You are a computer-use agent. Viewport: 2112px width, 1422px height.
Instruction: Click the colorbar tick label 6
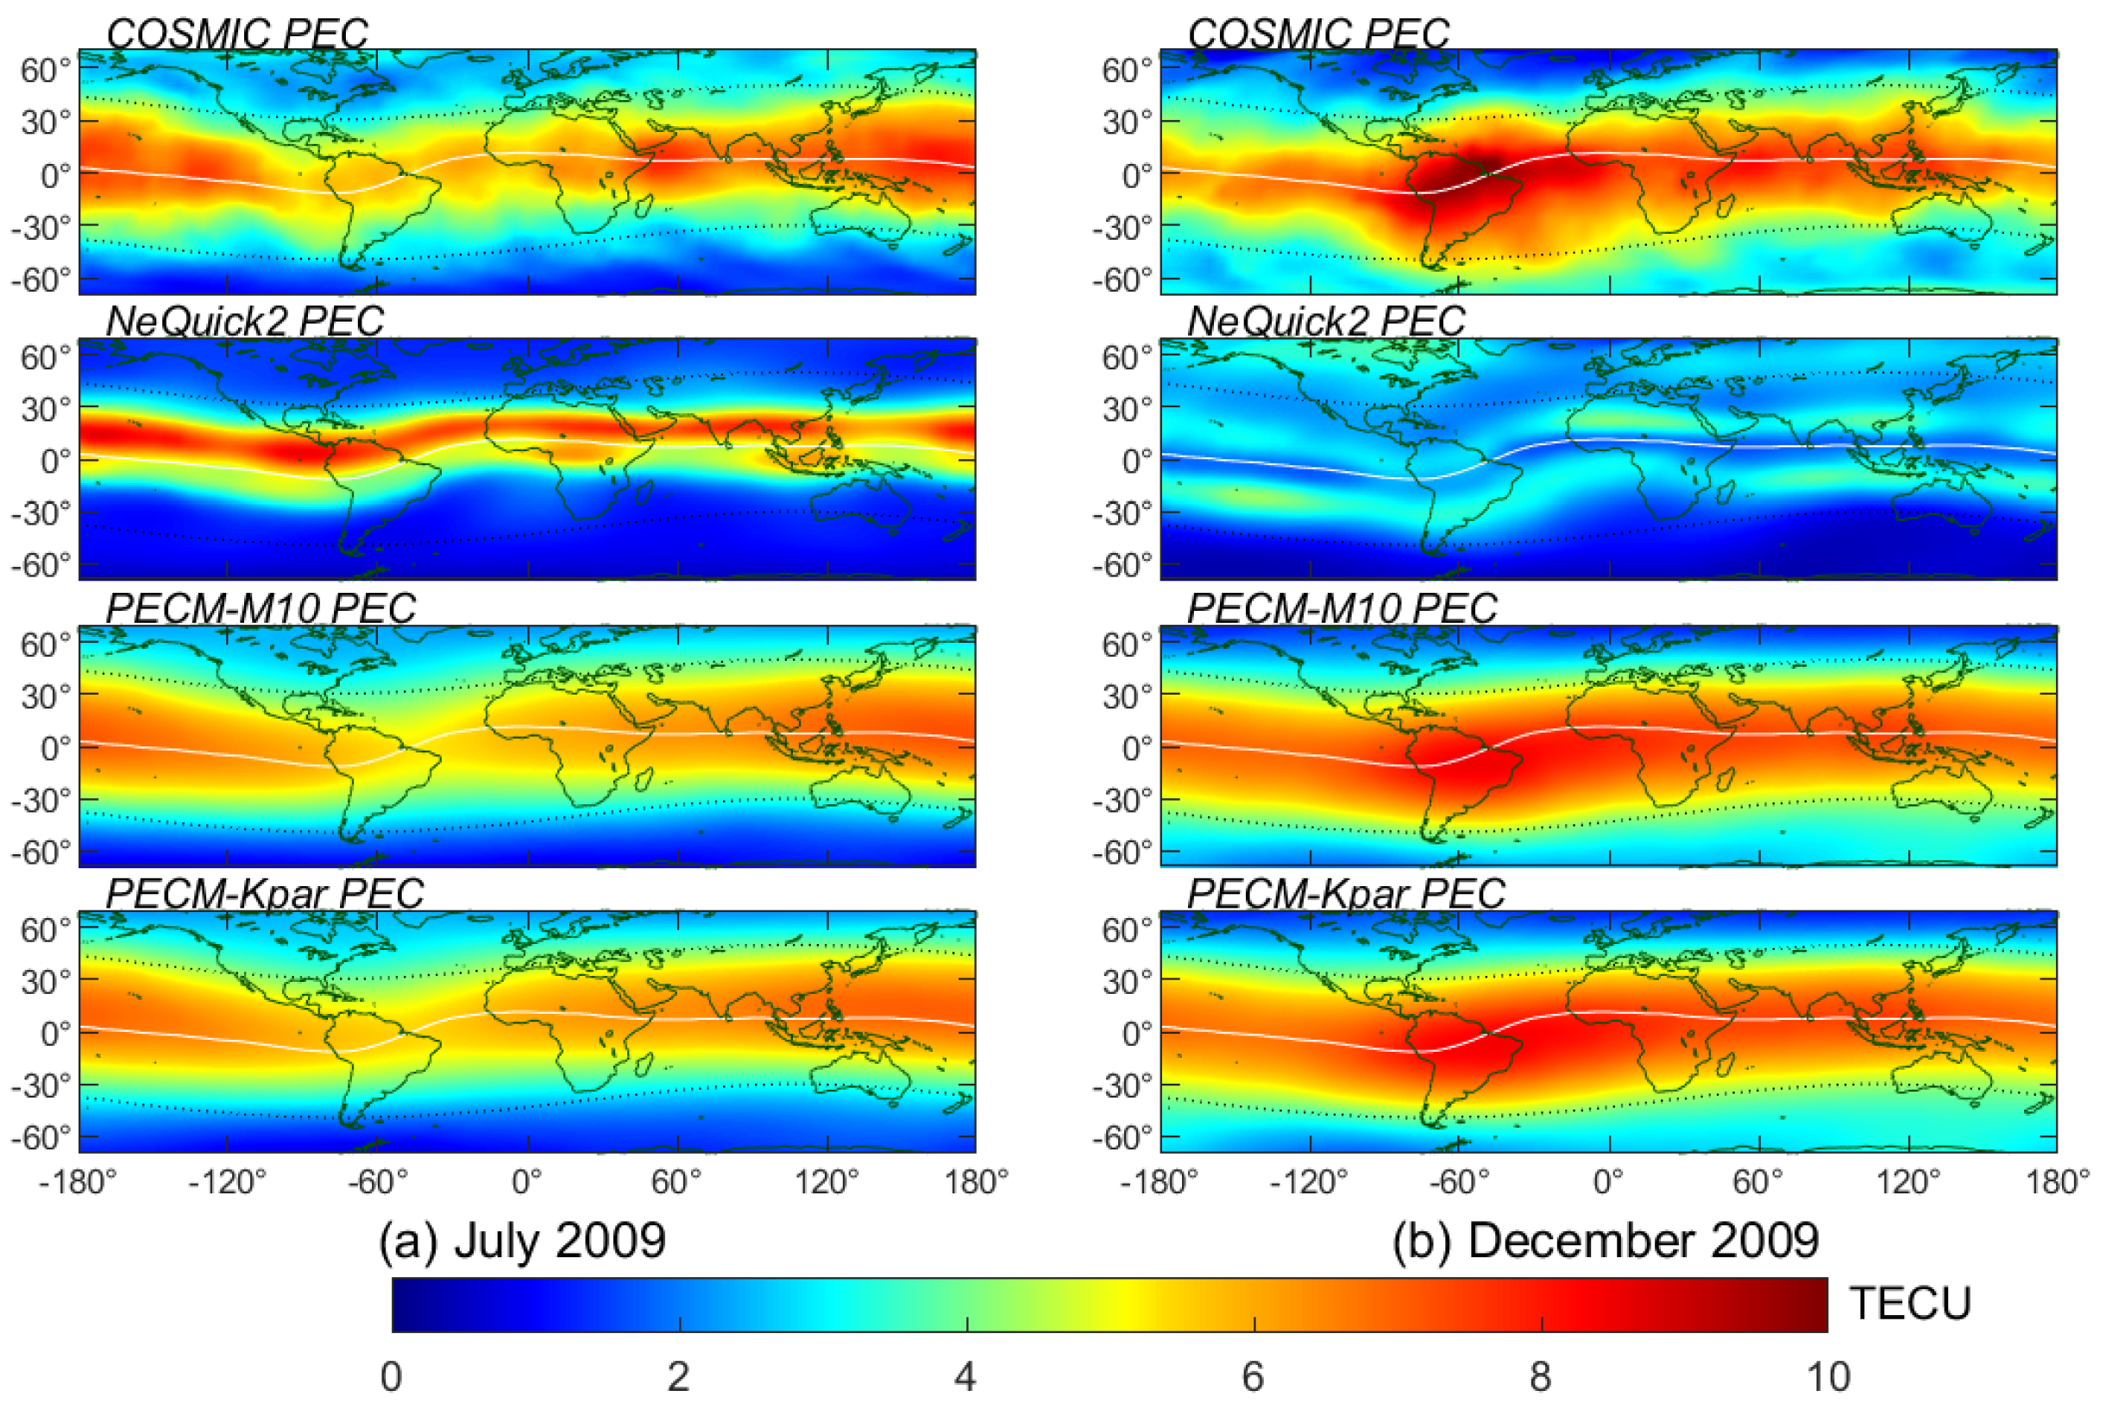[x=1253, y=1377]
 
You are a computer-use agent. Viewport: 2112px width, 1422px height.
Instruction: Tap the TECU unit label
[x=1910, y=1304]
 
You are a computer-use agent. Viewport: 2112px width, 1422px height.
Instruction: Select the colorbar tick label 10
[x=1827, y=1377]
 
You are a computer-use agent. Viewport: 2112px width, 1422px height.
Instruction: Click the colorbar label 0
[x=391, y=1377]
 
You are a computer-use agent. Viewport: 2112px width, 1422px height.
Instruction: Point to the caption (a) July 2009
[x=522, y=1241]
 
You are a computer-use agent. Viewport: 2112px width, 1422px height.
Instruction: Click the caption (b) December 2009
[x=1605, y=1241]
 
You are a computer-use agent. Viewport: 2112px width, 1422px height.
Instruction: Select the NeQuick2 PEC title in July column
[x=245, y=321]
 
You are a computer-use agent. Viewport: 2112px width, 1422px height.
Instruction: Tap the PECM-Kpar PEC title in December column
[x=1346, y=893]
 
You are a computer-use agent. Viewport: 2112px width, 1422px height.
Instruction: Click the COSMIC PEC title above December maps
[x=1317, y=35]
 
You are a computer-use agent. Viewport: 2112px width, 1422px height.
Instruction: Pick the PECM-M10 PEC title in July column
[x=261, y=607]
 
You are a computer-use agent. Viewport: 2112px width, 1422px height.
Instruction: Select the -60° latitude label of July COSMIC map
[x=40, y=280]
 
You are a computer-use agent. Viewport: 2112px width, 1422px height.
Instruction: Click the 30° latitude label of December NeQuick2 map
[x=1126, y=410]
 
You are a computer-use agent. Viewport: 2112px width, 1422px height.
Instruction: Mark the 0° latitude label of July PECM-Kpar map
[x=54, y=1034]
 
